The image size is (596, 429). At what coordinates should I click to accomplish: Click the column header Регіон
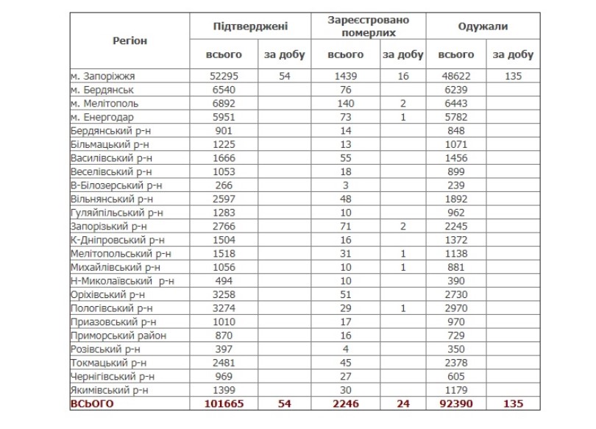point(130,40)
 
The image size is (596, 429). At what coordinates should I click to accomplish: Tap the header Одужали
point(482,26)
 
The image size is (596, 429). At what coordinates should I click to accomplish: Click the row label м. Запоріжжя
point(104,76)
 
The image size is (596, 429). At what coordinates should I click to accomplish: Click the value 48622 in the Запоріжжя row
point(455,76)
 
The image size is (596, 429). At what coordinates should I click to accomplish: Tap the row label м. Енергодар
point(103,117)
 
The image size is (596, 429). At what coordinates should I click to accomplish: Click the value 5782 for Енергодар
point(455,117)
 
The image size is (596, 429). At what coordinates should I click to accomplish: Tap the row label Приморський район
point(115,336)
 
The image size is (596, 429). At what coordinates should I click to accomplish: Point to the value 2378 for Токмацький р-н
point(455,363)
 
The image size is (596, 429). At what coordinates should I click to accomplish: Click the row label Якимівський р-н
point(110,390)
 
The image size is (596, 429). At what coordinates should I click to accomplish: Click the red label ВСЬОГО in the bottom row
point(93,404)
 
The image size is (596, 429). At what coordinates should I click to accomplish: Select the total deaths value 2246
point(345,404)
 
